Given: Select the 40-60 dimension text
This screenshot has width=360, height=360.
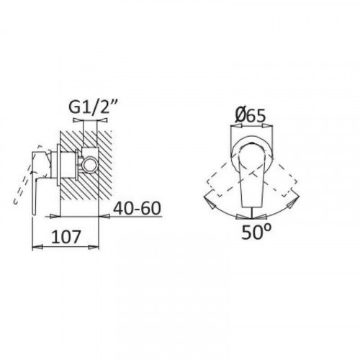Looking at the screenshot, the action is (x=137, y=208).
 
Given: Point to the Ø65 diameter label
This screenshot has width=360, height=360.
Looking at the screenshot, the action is (x=251, y=115).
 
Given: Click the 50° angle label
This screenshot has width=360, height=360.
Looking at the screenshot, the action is (x=256, y=232).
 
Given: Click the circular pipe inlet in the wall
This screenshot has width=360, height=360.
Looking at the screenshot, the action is (x=89, y=164).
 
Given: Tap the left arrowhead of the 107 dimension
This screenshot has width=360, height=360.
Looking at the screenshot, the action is (x=37, y=247).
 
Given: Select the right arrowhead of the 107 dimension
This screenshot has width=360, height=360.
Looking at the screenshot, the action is (x=94, y=247).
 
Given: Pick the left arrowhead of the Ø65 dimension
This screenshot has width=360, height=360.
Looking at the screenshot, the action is (x=235, y=126).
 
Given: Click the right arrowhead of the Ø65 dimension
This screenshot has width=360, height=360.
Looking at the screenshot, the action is (x=268, y=126).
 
